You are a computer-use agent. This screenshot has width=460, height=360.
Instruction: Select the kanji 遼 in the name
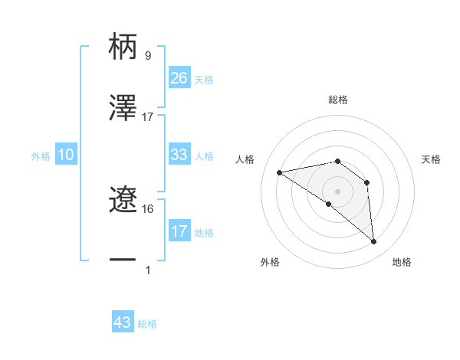pyautogui.click(x=123, y=200)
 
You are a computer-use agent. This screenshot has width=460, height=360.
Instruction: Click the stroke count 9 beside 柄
pyautogui.click(x=147, y=56)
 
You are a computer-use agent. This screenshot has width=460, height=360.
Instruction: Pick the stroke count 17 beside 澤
pyautogui.click(x=148, y=116)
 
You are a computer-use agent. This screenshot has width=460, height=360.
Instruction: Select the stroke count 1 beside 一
pyautogui.click(x=148, y=270)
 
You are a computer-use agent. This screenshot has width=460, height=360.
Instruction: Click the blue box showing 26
pyautogui.click(x=179, y=78)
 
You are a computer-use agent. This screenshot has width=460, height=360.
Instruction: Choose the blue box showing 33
pyautogui.click(x=179, y=155)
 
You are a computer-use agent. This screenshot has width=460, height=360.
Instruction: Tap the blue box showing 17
pyautogui.click(x=179, y=231)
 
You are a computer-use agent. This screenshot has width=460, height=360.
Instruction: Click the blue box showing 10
pyautogui.click(x=66, y=155)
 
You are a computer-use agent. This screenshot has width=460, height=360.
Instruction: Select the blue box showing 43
pyautogui.click(x=123, y=322)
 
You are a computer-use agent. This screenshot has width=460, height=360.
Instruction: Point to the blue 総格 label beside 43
pyautogui.click(x=147, y=324)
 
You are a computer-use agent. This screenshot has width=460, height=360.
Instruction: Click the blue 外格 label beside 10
pyautogui.click(x=41, y=155)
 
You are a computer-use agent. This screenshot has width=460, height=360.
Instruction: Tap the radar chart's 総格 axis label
pyautogui.click(x=338, y=100)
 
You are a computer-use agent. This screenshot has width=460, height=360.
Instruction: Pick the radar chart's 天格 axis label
pyautogui.click(x=432, y=159)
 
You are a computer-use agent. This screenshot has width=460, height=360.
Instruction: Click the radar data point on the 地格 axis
pyautogui.click(x=373, y=242)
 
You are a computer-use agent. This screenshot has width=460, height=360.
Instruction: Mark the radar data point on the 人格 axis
pyautogui.click(x=280, y=172)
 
